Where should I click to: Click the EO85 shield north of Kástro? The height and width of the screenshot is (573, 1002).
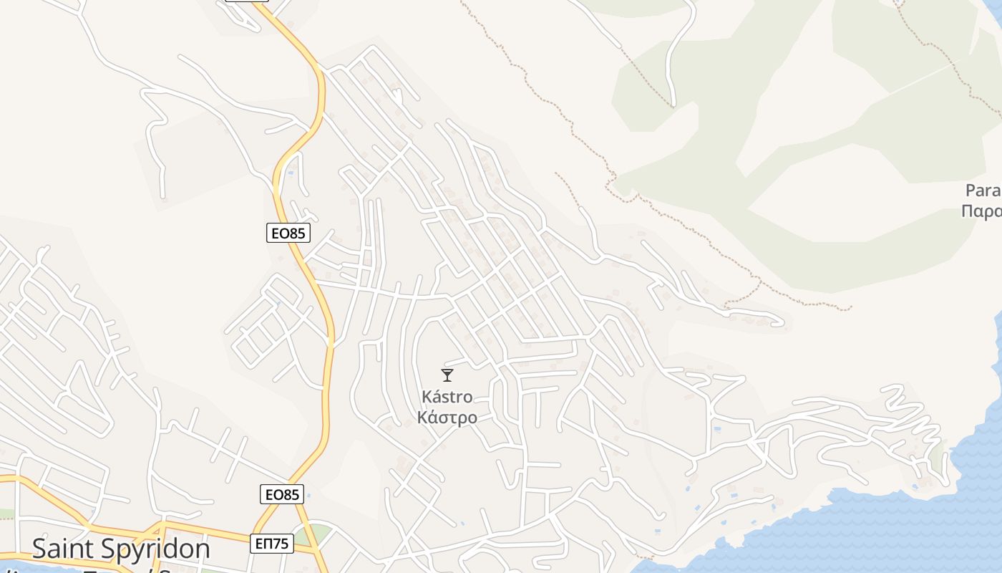point(288,233)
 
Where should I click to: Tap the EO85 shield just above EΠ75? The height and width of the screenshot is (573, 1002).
point(281,494)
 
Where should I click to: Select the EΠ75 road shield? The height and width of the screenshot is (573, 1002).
point(272,544)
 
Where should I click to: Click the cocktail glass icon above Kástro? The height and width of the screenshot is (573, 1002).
point(447,375)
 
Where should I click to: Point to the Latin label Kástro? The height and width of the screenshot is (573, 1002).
point(447,397)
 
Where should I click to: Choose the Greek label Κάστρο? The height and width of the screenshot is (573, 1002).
point(447,418)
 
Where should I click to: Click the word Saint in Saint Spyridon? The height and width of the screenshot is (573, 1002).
point(68,549)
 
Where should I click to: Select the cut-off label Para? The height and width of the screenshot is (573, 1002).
point(983,191)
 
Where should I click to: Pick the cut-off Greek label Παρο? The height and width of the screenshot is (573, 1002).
point(981,211)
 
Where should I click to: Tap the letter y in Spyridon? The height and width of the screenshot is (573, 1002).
point(145,552)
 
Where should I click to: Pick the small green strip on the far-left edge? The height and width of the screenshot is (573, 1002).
point(6,514)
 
